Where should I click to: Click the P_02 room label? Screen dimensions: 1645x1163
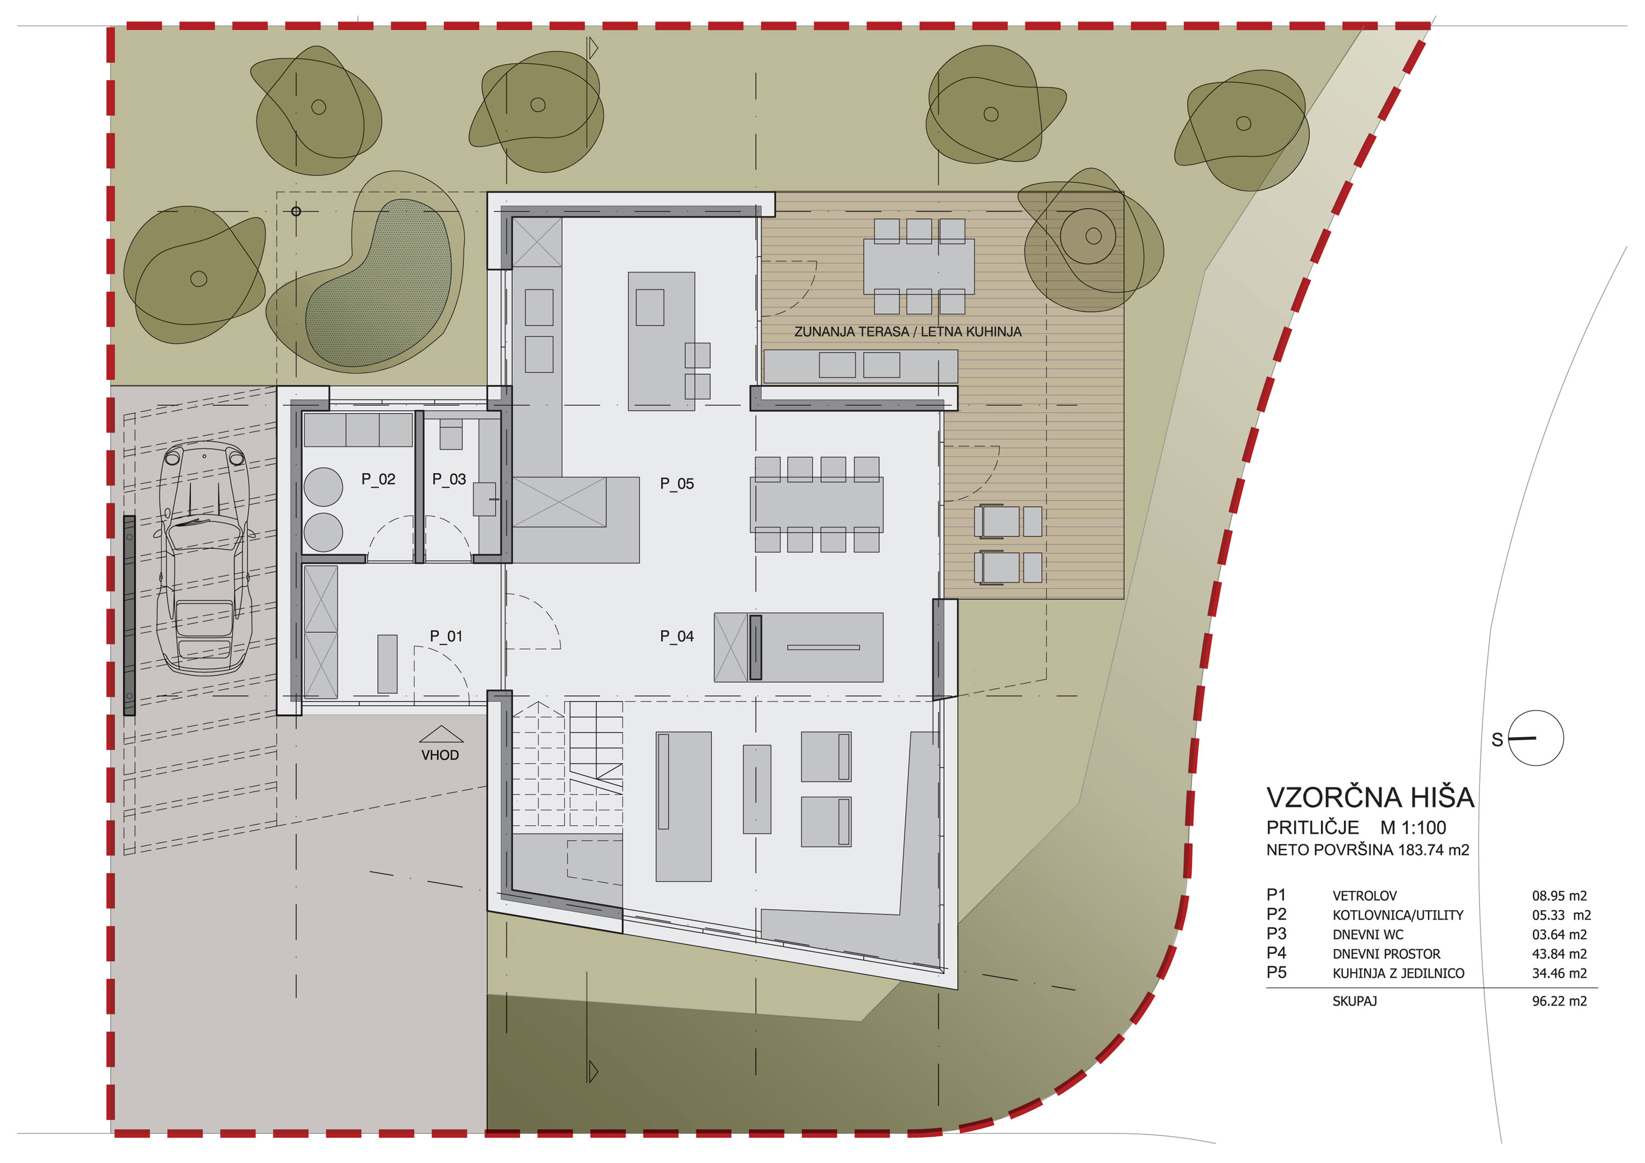coord(378,479)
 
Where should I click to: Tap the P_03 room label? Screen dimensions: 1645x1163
coord(449,479)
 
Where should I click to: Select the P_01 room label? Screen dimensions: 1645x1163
coord(446,636)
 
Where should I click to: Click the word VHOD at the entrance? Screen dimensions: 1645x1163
coord(440,755)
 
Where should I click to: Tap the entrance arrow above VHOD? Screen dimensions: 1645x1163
coord(441,734)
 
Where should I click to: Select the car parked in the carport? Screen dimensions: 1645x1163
coord(204,559)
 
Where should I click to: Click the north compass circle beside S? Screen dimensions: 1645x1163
coord(1535,738)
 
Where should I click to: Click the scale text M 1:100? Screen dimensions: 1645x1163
coord(1413,827)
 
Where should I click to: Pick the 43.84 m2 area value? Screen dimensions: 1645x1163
coord(1559,954)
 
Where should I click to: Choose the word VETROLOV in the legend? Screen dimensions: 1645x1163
coord(1364,896)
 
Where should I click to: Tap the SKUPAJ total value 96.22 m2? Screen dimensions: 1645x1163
coord(1559,1001)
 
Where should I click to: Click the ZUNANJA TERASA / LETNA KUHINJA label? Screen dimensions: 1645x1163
coord(907,332)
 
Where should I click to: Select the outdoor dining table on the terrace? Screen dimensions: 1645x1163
coord(918,266)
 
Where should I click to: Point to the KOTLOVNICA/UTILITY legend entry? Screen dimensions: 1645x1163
coord(1398,915)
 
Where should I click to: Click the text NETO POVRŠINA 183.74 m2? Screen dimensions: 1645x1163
coord(1368,850)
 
